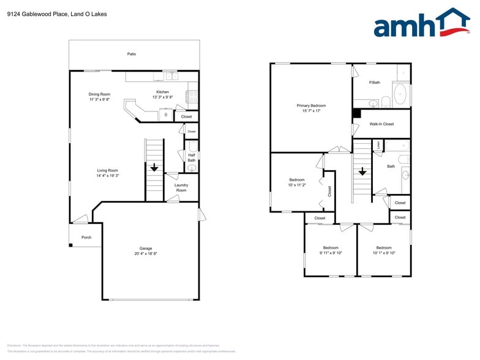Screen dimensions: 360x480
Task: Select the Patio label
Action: click(132, 54)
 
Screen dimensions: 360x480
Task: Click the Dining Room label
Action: click(99, 94)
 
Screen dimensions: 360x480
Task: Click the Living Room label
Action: click(107, 170)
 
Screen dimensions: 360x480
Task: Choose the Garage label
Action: click(146, 248)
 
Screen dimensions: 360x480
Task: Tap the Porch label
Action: click(86, 238)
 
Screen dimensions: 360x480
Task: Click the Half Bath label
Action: click(191, 158)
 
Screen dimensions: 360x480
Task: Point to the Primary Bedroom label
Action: click(311, 105)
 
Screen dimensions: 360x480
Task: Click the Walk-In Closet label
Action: click(381, 124)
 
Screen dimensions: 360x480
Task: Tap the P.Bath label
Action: click(375, 82)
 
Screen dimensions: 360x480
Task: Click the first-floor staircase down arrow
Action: click(154, 167)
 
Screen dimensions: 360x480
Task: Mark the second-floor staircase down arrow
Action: click(362, 171)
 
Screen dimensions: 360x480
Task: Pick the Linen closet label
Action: click(378, 145)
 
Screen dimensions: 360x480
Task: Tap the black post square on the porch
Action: click(70, 246)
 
